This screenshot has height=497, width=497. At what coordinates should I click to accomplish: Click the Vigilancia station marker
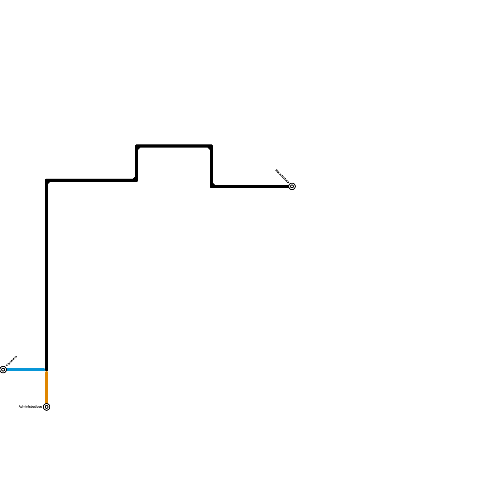click(x=3, y=370)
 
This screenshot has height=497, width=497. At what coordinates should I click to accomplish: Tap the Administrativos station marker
click(x=47, y=407)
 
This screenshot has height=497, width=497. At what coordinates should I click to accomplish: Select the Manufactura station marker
click(x=292, y=186)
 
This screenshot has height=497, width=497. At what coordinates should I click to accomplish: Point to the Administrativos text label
click(x=30, y=407)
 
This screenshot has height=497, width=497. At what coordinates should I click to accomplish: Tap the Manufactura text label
click(x=282, y=176)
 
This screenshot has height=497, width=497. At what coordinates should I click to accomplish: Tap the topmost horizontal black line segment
click(x=174, y=146)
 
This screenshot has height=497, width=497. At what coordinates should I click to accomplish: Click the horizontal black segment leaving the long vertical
click(x=92, y=180)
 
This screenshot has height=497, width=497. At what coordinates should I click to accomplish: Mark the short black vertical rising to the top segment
click(x=137, y=163)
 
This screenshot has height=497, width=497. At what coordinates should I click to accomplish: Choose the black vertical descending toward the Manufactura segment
click(x=211, y=166)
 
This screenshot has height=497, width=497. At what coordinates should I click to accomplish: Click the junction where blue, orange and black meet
click(x=47, y=370)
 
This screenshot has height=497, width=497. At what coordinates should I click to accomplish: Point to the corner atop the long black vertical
click(x=47, y=180)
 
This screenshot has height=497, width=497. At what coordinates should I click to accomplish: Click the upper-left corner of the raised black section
click(x=137, y=146)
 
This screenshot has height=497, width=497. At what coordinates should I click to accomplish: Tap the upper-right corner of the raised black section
click(x=211, y=146)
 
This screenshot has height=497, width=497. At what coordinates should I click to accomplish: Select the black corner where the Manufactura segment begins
click(x=211, y=186)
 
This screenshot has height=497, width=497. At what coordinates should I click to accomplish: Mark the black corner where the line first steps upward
click(x=137, y=180)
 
